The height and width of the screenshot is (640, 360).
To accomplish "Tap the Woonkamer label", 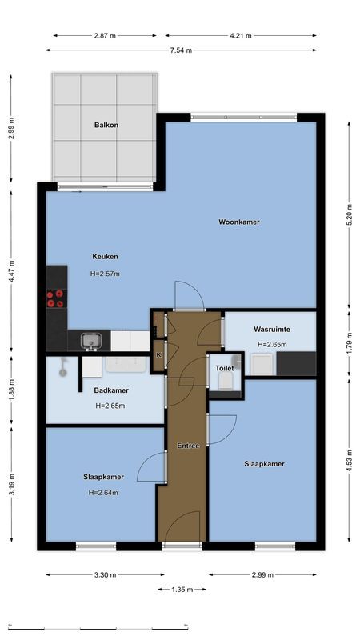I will coord(239,222).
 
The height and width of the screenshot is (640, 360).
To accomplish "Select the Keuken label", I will coord(105,257).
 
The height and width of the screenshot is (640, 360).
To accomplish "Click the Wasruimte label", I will coord(271,329).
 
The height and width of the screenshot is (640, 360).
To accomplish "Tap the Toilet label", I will coord(225,368).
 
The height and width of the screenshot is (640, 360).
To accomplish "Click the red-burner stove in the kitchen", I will coord(56,298).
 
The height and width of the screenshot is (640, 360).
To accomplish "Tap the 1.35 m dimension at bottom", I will coord(182,590).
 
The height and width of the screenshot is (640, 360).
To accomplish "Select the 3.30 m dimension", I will coord(106,574).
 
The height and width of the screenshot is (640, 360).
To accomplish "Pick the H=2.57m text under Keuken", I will coord(105,274).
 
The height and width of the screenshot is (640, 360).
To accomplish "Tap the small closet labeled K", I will coord(158,354).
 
